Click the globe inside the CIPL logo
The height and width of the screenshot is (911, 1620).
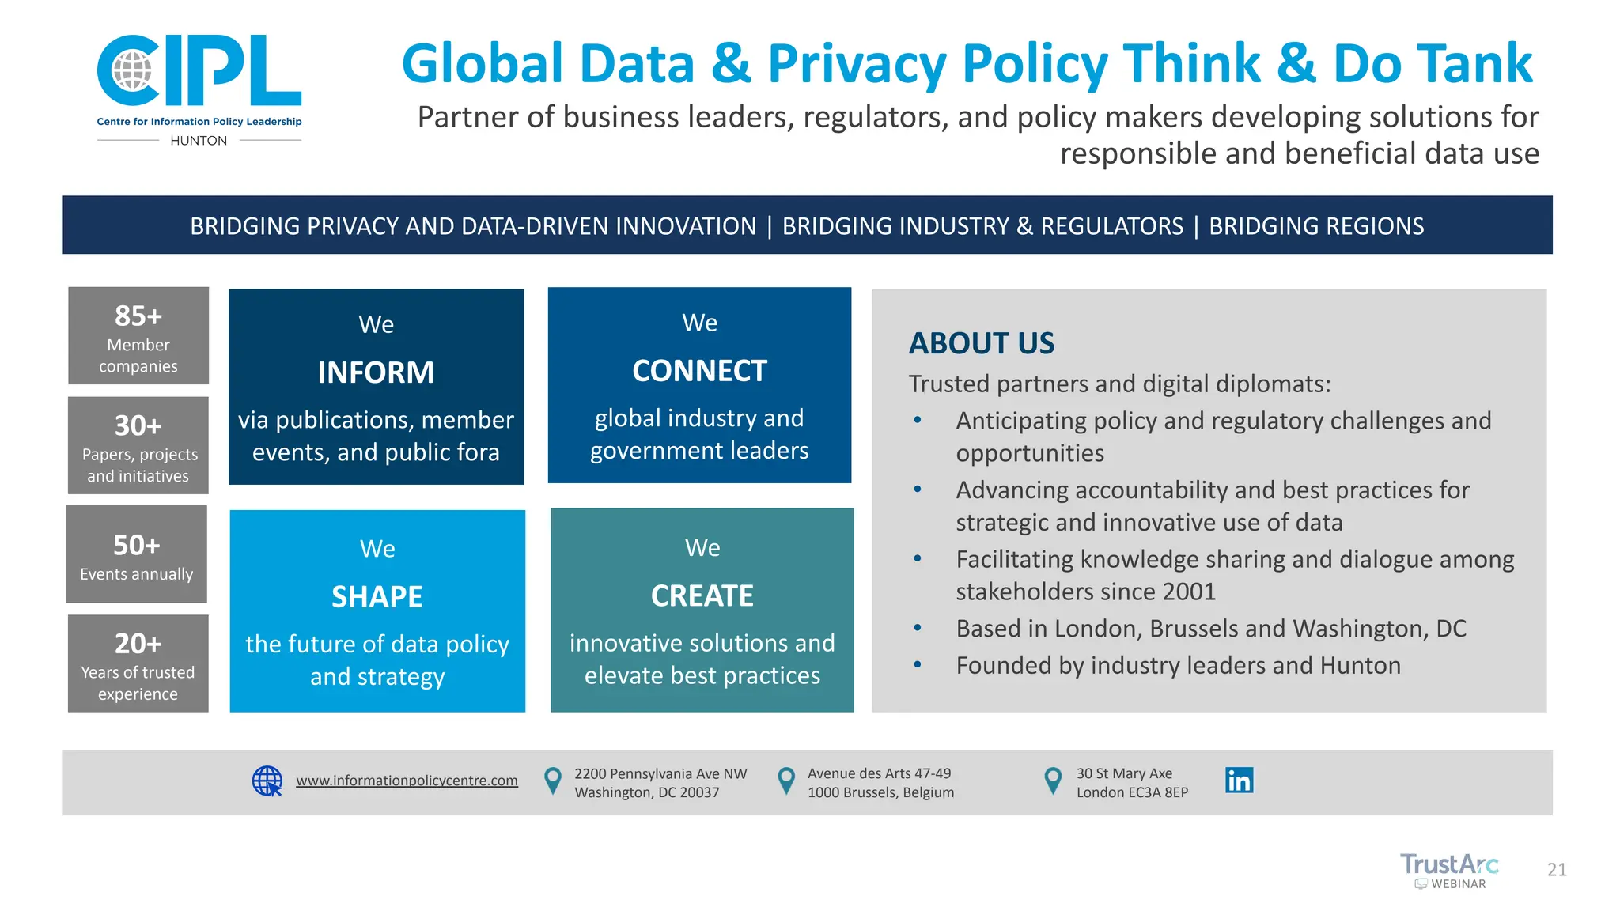131,70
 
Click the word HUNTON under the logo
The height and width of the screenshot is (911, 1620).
199,141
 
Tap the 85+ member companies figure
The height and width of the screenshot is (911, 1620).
138,316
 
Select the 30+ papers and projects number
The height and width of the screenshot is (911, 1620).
138,426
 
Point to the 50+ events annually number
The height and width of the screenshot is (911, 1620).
137,546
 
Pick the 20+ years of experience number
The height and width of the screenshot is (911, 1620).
138,644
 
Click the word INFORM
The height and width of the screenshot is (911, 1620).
376,372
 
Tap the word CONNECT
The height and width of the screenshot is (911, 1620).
699,371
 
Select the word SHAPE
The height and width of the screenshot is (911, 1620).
377,597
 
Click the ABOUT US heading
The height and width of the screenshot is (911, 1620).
982,343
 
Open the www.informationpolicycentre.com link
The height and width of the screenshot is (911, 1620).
407,781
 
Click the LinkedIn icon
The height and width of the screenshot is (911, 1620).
1239,781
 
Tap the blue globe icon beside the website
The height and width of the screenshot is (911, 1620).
267,781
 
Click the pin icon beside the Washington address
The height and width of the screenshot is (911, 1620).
553,781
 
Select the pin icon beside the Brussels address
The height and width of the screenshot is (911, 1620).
786,781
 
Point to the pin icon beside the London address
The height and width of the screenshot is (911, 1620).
1053,781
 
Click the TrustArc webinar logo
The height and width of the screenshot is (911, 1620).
1449,871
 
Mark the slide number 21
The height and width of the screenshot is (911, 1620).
1557,870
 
